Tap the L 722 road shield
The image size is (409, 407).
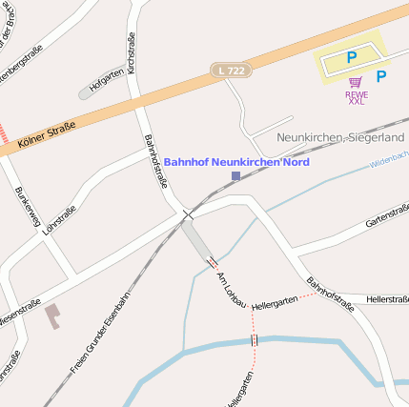click(232, 71)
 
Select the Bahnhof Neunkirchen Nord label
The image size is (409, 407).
click(236, 162)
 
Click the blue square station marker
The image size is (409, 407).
click(235, 176)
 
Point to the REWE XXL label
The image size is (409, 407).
click(356, 97)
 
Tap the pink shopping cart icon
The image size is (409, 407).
click(355, 83)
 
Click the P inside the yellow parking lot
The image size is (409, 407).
click(351, 58)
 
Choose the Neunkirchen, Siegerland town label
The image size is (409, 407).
click(339, 137)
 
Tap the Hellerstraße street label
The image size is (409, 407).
click(387, 299)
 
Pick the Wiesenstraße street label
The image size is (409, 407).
click(20, 314)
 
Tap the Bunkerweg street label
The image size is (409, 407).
click(28, 209)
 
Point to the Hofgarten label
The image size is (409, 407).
click(106, 80)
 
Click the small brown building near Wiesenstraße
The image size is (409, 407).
click(51, 315)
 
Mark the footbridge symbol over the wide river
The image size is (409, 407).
click(255, 339)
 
